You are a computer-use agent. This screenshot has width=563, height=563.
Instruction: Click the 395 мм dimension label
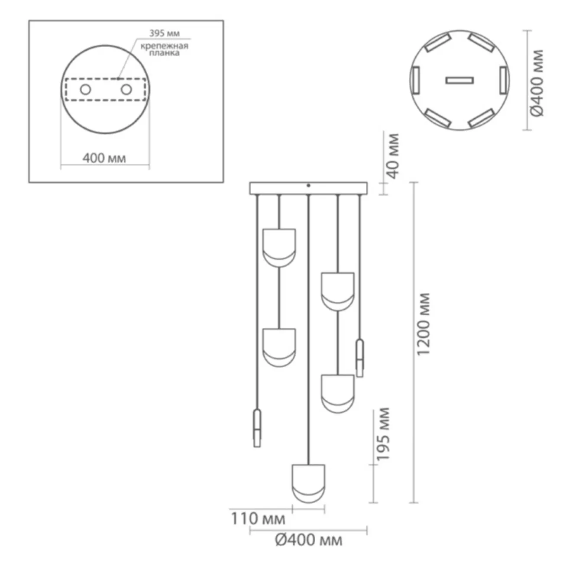[x=165, y=33]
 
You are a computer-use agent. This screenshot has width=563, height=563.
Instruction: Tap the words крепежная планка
[x=164, y=49]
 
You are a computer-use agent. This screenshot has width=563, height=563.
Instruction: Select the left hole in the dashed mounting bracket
[x=86, y=89]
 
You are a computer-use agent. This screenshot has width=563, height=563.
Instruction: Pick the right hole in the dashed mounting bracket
[x=126, y=89]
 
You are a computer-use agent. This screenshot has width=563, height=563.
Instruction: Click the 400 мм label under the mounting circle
[x=104, y=159]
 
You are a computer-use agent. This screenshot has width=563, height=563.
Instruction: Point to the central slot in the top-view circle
[x=459, y=80]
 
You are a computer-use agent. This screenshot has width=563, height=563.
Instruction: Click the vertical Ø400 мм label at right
[x=537, y=83]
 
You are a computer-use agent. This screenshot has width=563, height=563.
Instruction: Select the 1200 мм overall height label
[x=424, y=324]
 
